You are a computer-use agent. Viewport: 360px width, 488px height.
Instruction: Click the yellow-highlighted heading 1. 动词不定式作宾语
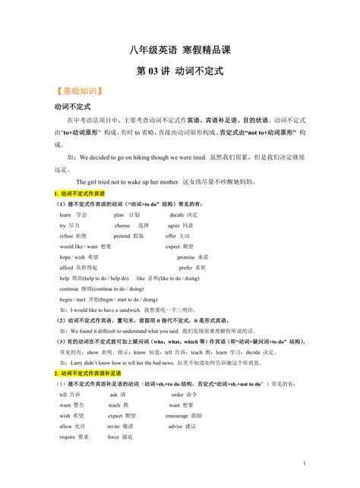click(x=80, y=194)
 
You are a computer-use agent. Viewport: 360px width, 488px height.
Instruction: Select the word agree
click(x=174, y=225)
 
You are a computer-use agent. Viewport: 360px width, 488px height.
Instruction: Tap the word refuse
click(x=66, y=236)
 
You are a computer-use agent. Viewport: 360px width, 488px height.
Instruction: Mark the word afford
click(x=67, y=268)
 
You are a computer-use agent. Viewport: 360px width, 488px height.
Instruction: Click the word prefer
click(x=186, y=268)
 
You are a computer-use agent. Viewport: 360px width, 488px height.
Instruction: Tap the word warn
click(x=65, y=405)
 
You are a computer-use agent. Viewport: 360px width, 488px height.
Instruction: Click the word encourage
click(x=178, y=416)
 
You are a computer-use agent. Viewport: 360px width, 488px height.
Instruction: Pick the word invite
click(x=114, y=427)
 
